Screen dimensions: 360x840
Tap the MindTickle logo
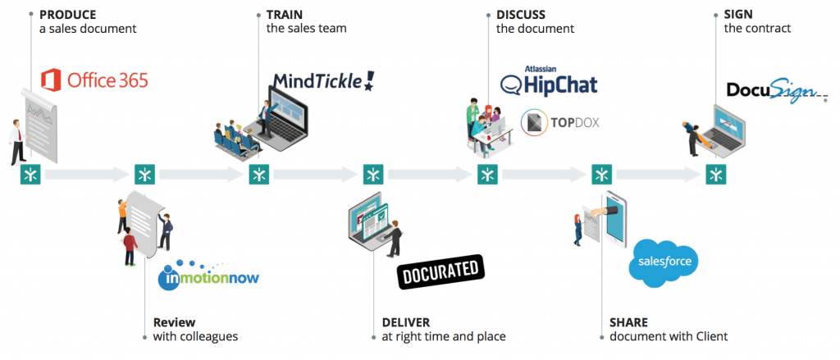point(323,80)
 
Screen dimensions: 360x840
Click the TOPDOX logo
point(561,123)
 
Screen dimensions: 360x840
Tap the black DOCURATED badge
point(441,271)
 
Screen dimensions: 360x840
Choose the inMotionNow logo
point(208,275)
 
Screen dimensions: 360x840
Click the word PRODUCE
point(68,15)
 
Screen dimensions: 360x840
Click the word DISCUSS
point(521,15)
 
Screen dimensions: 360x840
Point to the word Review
point(174,322)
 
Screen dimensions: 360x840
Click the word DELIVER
point(406,322)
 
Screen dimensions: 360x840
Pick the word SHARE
point(629,322)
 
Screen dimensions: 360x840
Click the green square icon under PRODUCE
point(30,174)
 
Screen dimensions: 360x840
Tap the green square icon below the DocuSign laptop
point(717,174)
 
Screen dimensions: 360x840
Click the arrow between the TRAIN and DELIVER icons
point(316,174)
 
